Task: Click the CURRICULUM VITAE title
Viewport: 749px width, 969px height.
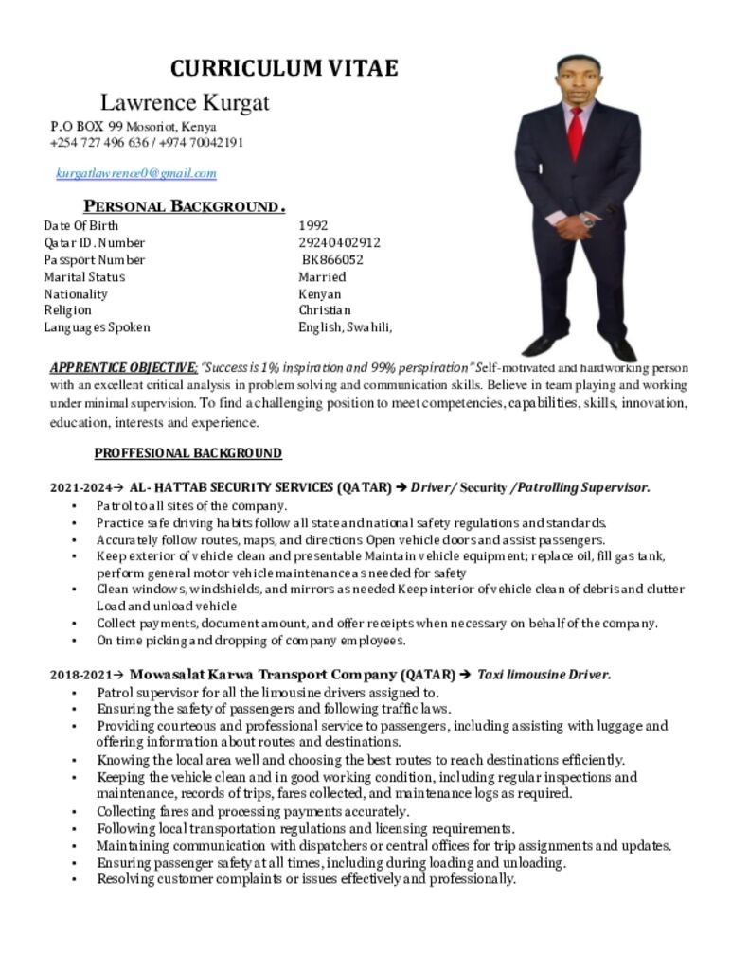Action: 284,68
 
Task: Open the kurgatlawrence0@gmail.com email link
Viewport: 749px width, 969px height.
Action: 136,173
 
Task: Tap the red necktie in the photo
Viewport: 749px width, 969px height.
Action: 575,133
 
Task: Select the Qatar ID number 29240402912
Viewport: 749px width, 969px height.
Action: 339,242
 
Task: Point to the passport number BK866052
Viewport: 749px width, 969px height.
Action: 333,259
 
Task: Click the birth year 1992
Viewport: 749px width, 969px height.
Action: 313,225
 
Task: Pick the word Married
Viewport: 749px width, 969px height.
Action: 322,276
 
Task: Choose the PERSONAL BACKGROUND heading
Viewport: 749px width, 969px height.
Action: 185,206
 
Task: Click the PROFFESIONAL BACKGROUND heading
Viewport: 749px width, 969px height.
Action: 187,453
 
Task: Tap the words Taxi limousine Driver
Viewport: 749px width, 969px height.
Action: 544,675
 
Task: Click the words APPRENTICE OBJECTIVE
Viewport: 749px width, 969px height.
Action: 123,367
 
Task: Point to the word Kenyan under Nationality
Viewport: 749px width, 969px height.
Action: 320,293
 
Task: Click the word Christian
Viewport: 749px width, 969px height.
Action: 325,310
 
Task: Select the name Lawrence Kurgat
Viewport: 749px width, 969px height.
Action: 185,102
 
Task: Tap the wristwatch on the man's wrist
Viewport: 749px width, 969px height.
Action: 587,220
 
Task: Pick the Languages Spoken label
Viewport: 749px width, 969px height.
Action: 97,327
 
